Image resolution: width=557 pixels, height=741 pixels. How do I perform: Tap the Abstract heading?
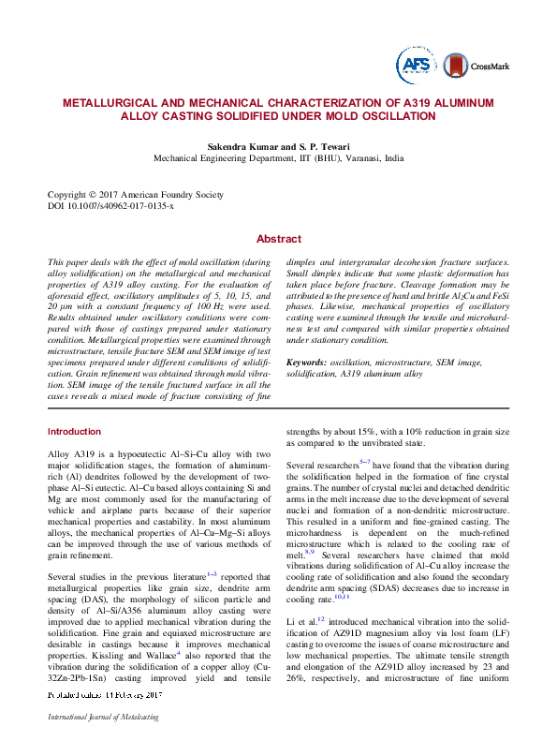click(278, 239)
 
